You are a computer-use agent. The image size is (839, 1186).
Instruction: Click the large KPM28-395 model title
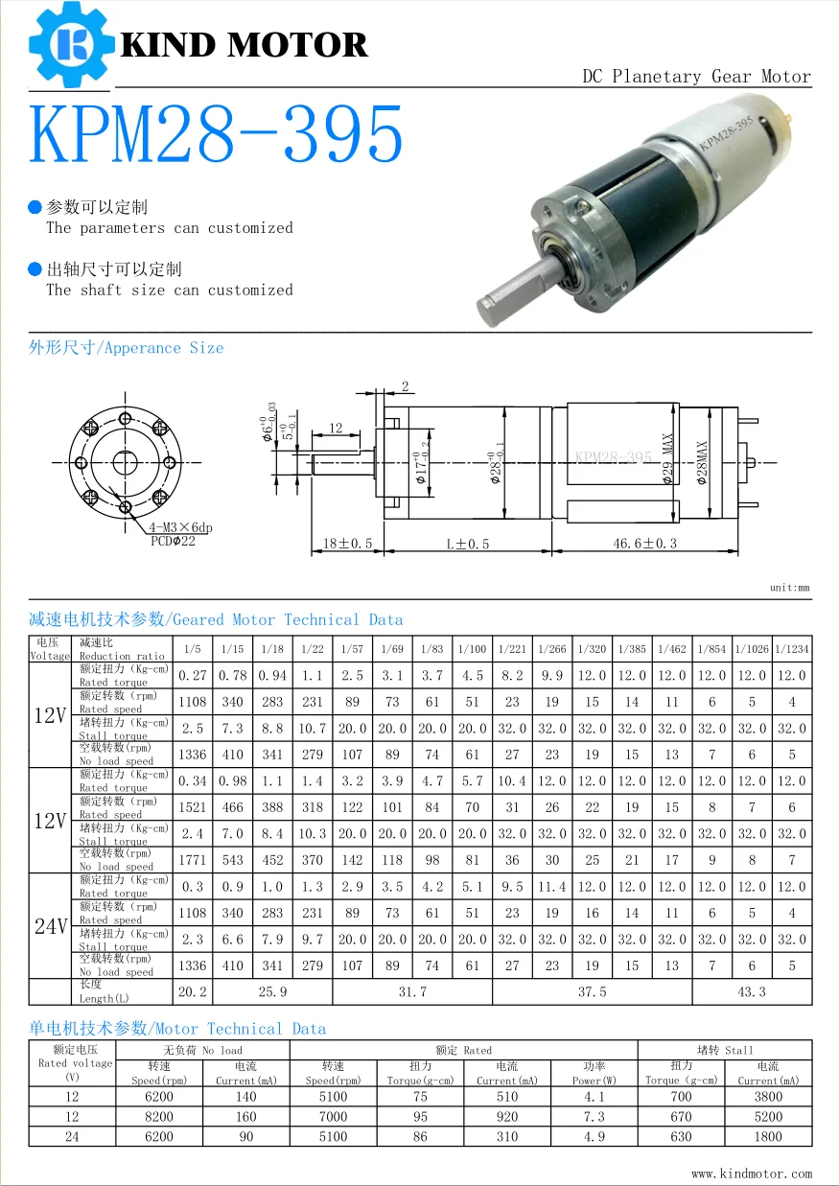217,135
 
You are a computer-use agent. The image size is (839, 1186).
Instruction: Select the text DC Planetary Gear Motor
696,77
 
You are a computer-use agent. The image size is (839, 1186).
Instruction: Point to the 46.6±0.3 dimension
645,544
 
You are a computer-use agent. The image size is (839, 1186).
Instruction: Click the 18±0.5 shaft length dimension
346,544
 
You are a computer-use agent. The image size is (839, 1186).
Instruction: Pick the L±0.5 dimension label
467,544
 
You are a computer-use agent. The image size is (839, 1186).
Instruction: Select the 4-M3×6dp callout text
180,527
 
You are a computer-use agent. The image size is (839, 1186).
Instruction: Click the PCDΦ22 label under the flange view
173,541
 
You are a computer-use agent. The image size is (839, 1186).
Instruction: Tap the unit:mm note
789,588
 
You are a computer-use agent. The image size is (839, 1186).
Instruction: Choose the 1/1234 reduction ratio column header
792,649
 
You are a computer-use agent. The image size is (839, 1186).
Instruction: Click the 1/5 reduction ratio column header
192,649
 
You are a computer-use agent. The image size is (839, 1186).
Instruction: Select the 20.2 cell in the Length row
192,991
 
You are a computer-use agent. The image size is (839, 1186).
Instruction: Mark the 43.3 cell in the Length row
752,991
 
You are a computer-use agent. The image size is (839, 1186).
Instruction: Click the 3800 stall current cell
767,1096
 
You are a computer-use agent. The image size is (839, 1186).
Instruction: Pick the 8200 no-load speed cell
159,1116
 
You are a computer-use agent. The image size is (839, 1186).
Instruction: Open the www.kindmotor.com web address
751,1173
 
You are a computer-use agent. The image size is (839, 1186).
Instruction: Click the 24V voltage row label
50,926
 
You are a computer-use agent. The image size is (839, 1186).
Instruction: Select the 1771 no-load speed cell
192,860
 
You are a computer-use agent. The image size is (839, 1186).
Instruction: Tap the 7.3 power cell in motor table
594,1116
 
